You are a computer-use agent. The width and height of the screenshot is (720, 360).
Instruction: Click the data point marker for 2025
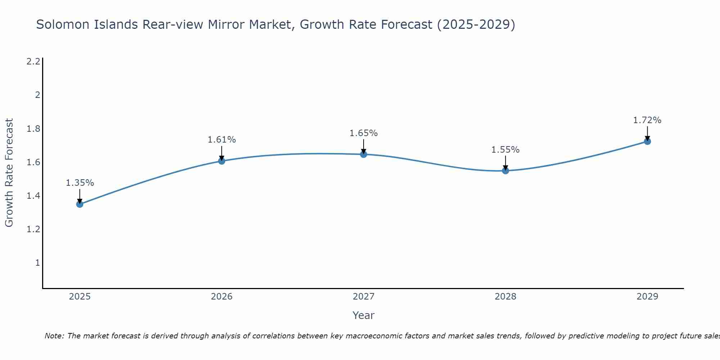(80, 204)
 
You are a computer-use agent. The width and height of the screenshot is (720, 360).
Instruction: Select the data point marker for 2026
(222, 161)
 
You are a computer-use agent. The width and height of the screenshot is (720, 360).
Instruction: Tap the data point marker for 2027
(364, 154)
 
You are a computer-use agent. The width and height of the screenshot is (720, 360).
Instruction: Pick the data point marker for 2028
(505, 171)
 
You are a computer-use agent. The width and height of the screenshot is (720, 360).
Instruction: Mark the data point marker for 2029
(647, 141)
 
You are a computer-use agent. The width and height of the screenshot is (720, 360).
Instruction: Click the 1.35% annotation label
(80, 183)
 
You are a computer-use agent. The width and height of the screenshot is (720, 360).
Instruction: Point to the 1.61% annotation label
(222, 140)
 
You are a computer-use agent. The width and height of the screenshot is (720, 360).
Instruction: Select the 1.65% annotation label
(364, 133)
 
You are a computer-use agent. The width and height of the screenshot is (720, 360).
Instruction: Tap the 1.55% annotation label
(505, 150)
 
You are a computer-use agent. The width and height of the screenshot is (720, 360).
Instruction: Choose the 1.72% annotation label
(647, 120)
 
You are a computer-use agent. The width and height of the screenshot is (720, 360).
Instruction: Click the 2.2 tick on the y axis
(33, 62)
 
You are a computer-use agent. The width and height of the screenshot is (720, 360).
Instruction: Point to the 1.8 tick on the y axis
(33, 129)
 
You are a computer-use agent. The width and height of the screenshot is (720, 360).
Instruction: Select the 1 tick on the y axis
(37, 263)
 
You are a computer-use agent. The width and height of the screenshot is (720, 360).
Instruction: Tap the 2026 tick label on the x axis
(222, 297)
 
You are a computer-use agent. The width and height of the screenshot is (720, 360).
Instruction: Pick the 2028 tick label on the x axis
(505, 297)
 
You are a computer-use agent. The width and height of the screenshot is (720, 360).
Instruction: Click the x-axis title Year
(364, 315)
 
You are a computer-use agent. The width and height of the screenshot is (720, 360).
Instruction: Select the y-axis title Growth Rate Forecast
(9, 173)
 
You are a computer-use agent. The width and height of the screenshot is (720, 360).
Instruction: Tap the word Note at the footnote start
(54, 336)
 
